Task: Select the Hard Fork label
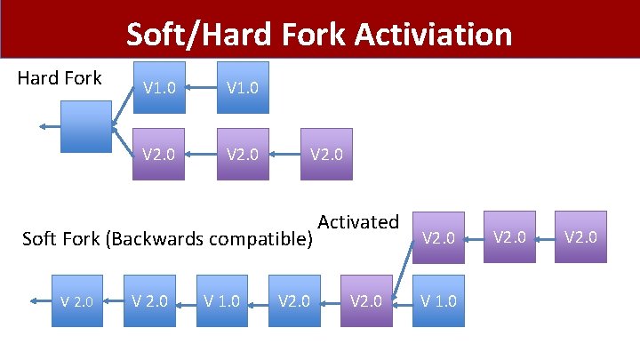(60, 78)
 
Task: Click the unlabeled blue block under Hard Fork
(85, 126)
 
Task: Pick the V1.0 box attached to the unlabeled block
(160, 87)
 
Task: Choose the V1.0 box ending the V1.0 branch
(243, 87)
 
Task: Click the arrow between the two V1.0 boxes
(201, 87)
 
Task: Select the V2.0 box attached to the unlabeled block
(160, 155)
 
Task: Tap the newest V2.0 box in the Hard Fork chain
(326, 155)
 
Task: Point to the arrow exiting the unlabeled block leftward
(50, 126)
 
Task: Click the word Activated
(358, 222)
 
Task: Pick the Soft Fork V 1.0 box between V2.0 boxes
(221, 300)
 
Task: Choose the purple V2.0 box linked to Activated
(366, 300)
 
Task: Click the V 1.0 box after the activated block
(438, 300)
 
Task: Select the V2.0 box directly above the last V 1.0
(438, 237)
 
